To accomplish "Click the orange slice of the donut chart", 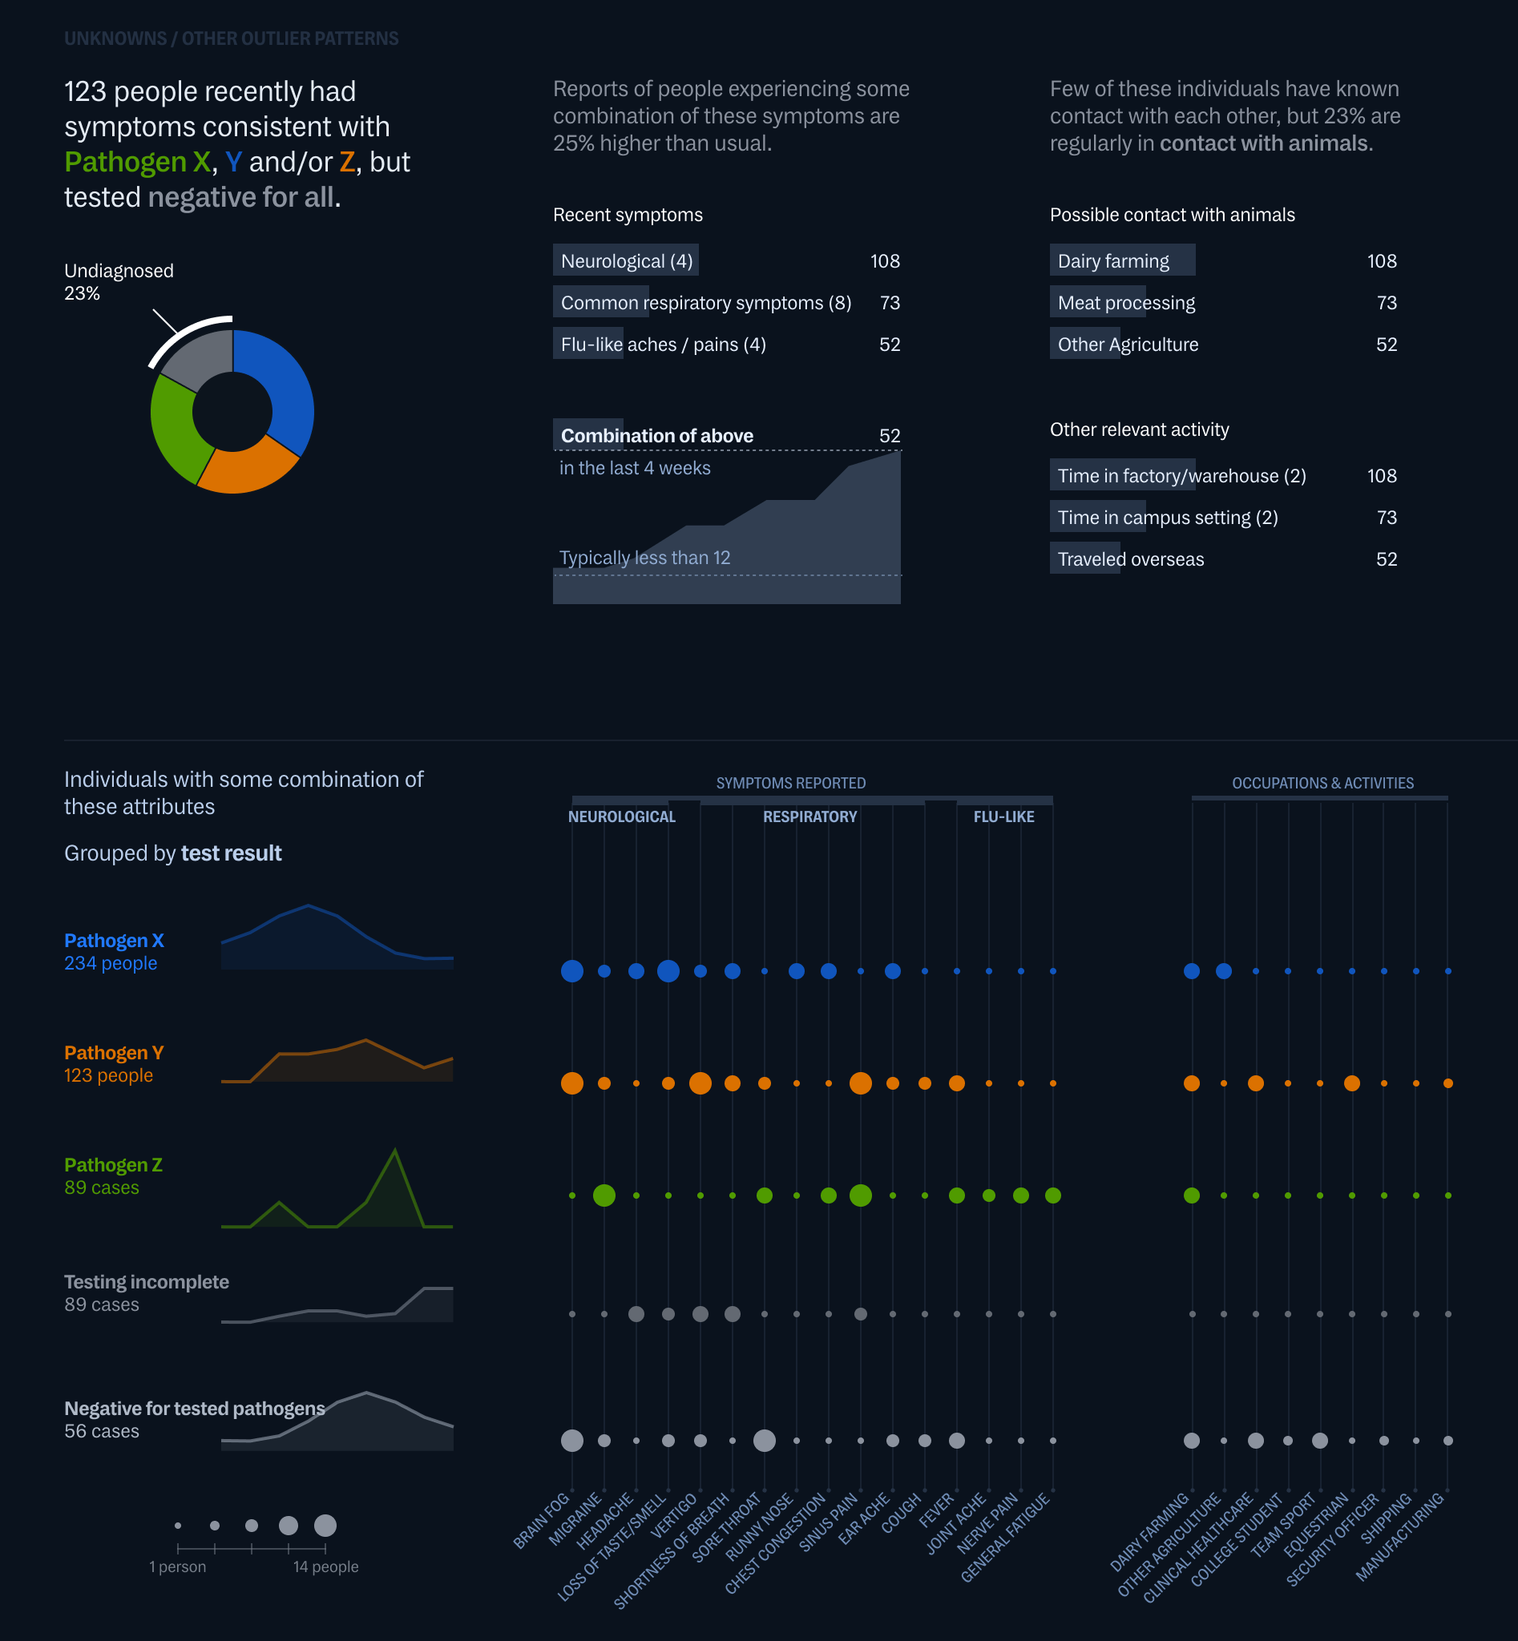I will point(246,467).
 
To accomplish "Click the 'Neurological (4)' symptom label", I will point(626,261).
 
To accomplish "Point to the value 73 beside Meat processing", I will point(1386,303).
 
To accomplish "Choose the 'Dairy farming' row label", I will point(1112,261).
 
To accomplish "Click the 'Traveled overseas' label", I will point(1130,559).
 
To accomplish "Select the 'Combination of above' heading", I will point(656,436).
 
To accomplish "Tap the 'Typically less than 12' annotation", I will point(644,558).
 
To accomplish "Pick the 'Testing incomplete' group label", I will point(146,1282).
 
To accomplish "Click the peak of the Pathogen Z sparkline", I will point(395,1150).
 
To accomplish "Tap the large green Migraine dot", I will point(604,1195).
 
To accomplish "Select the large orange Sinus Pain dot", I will point(860,1083).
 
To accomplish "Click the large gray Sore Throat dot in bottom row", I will point(764,1441).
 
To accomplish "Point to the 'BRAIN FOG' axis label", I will point(542,1521).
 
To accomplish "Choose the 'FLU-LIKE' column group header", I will point(1003,816).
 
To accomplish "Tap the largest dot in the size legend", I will point(325,1525).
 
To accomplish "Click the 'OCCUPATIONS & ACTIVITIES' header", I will point(1322,783).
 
